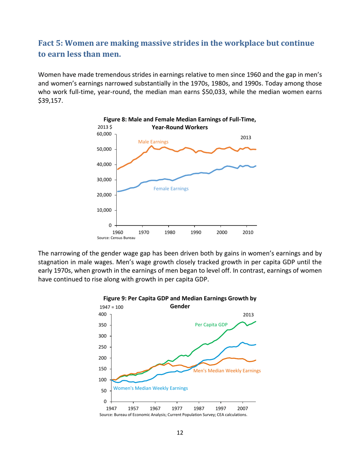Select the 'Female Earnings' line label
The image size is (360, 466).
[x=171, y=188]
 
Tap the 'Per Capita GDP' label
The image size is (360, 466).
[x=211, y=325]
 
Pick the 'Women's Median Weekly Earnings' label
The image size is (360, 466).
[x=150, y=388]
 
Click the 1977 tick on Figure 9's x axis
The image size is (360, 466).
[x=177, y=408]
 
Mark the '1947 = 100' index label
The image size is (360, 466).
[x=110, y=307]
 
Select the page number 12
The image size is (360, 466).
[x=180, y=433]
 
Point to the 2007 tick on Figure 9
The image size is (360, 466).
[x=243, y=408]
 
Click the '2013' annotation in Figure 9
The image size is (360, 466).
[x=248, y=314]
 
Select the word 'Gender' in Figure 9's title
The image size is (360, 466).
[x=180, y=306]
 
